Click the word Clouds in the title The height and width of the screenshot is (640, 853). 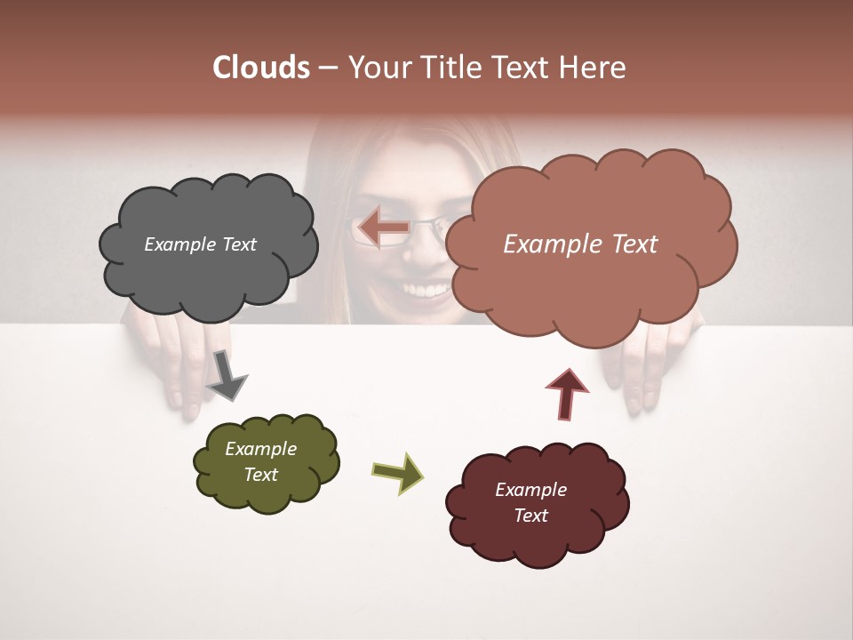pyautogui.click(x=260, y=68)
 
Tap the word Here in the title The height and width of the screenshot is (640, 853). pyautogui.click(x=594, y=68)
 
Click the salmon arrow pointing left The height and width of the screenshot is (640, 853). pyautogui.click(x=383, y=228)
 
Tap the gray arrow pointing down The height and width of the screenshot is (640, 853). pyautogui.click(x=226, y=375)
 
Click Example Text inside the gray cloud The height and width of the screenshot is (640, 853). pyautogui.click(x=200, y=244)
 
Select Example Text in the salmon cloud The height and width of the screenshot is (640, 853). pyautogui.click(x=580, y=244)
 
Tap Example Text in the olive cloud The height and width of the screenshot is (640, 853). pyautogui.click(x=261, y=461)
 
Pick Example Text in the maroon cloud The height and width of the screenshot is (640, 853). pyautogui.click(x=530, y=502)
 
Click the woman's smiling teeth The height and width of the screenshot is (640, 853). pyautogui.click(x=427, y=290)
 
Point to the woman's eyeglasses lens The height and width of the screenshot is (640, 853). pyautogui.click(x=426, y=234)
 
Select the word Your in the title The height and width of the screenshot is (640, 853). pyautogui.click(x=379, y=68)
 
